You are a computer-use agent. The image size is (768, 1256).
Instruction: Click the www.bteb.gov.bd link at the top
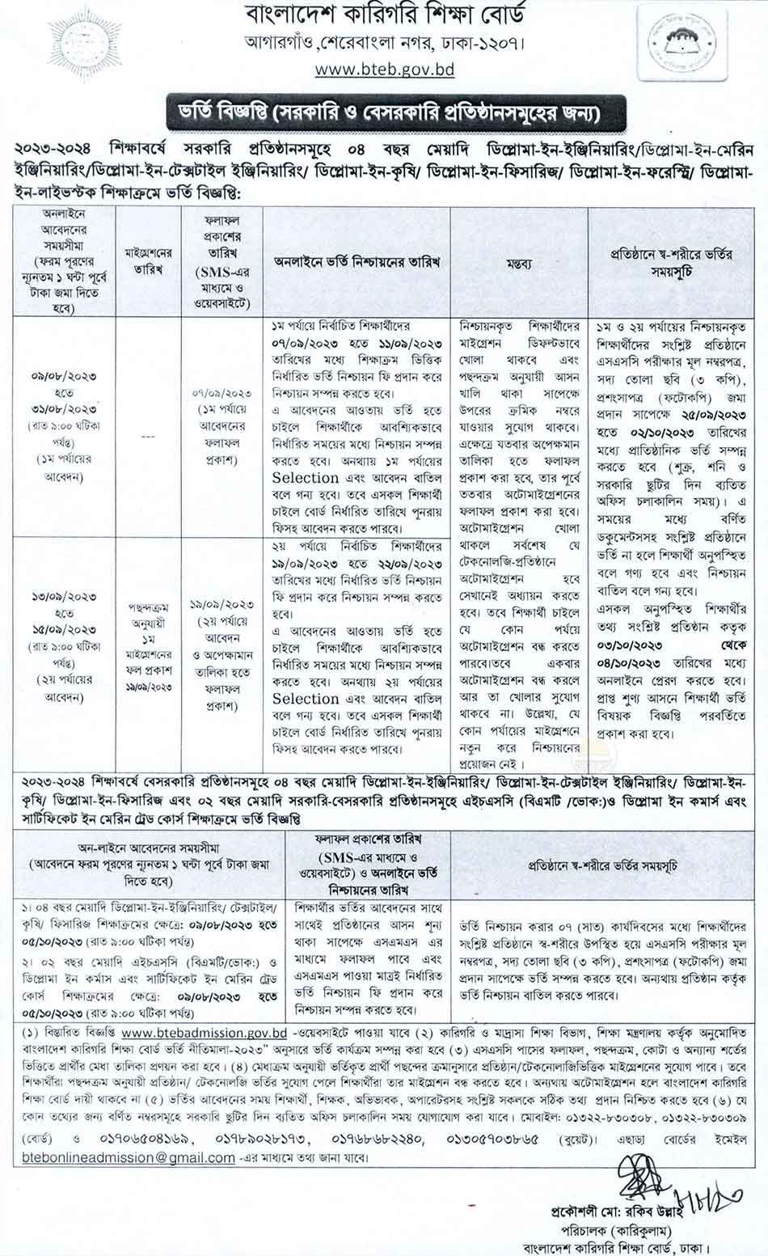pos(385,70)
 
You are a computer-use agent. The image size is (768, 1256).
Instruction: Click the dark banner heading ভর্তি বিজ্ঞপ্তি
pos(385,113)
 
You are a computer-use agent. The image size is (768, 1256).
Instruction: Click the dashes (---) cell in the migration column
pos(149,438)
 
